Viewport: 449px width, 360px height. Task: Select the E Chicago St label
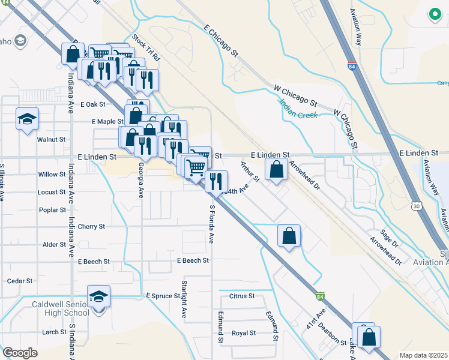coord(221,41)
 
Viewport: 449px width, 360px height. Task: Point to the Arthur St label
coord(249,172)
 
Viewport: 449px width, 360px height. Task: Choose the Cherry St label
coord(91,227)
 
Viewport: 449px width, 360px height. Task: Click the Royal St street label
coord(244,333)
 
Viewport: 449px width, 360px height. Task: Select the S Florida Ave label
coord(211,223)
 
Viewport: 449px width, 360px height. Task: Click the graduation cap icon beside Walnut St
coord(27,119)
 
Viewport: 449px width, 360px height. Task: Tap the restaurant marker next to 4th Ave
coord(216,181)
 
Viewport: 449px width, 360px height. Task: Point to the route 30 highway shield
coord(416,206)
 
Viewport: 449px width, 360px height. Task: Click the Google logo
coord(20,353)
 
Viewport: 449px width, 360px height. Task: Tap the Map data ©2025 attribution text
coord(423,355)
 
